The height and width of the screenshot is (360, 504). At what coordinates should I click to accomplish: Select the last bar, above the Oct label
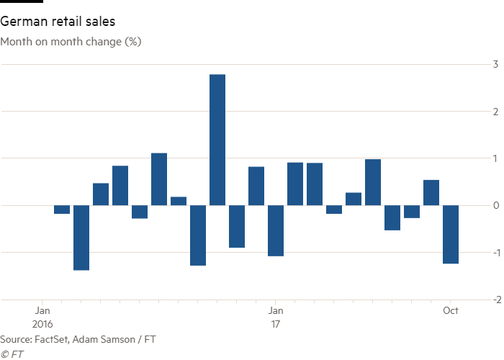[x=451, y=235]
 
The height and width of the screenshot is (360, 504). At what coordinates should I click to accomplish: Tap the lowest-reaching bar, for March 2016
[x=81, y=238]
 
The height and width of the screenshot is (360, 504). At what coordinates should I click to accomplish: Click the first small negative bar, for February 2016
[x=62, y=210]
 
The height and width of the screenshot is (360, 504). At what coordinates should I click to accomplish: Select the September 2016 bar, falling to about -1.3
[x=198, y=235]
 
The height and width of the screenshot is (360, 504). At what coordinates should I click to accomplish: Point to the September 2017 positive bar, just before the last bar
[x=431, y=192]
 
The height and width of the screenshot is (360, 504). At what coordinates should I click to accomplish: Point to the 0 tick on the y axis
[x=495, y=206]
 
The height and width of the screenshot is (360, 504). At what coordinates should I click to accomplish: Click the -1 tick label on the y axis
[x=494, y=253]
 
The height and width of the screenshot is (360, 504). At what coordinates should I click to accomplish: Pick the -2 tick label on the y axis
[x=494, y=300]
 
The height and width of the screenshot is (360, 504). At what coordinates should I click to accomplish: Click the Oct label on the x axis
[x=451, y=311]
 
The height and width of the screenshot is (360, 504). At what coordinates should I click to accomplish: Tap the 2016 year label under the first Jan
[x=43, y=325]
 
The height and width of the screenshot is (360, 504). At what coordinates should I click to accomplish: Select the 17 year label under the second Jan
[x=275, y=325]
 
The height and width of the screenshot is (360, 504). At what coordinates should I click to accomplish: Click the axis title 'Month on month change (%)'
[x=71, y=42]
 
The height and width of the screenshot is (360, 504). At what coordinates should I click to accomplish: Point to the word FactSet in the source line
[x=49, y=339]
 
